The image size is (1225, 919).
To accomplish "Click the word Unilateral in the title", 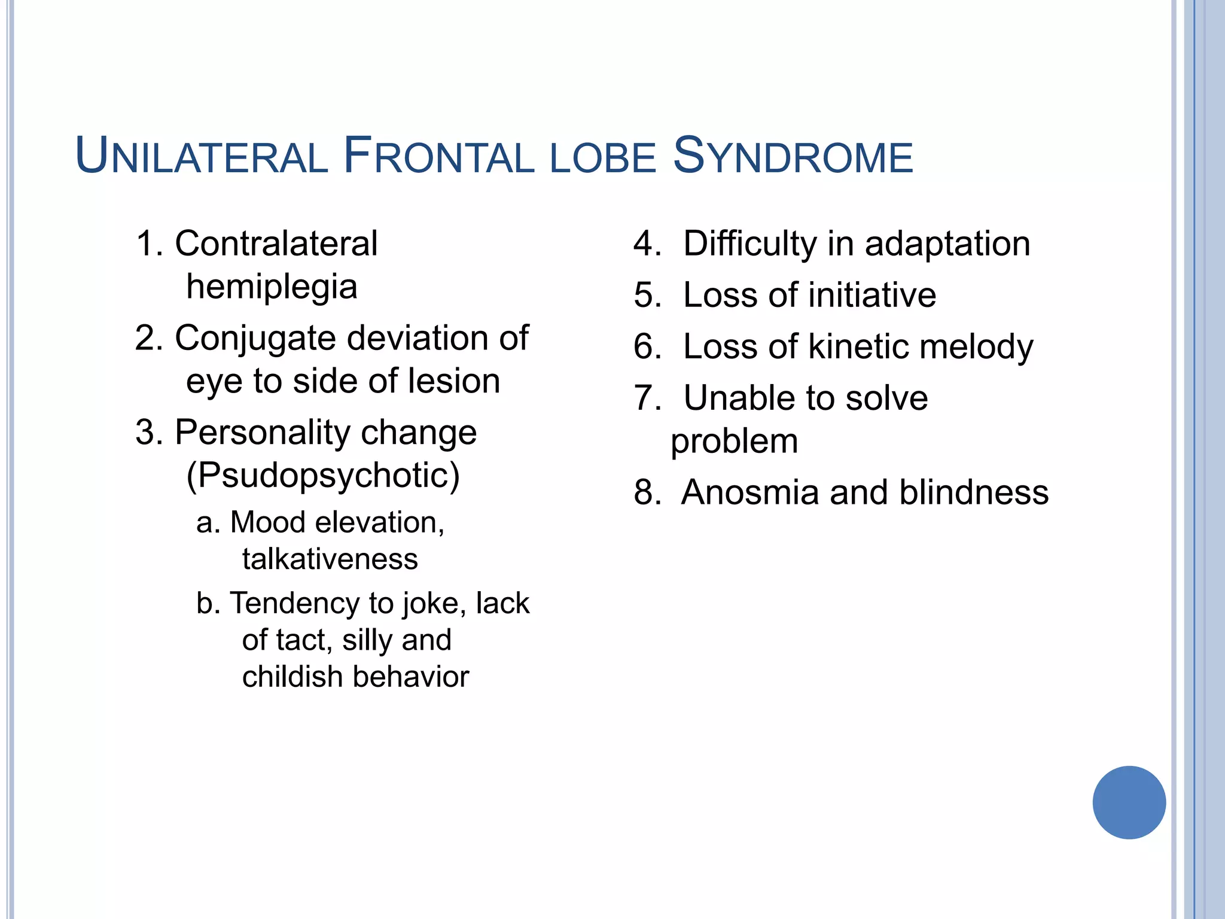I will pyautogui.click(x=202, y=157).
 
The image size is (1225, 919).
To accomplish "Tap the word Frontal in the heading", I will pyautogui.click(x=438, y=157).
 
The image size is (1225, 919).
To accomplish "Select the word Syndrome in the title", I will pyautogui.click(x=793, y=157).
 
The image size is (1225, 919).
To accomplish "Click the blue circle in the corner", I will pyautogui.click(x=1129, y=802).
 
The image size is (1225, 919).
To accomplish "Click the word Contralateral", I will pyautogui.click(x=276, y=244).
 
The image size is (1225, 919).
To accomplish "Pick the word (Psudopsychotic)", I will pyautogui.click(x=323, y=476).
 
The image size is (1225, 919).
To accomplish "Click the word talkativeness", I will pyautogui.click(x=330, y=559).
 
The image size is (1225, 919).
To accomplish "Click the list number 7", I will pyautogui.click(x=645, y=398).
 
